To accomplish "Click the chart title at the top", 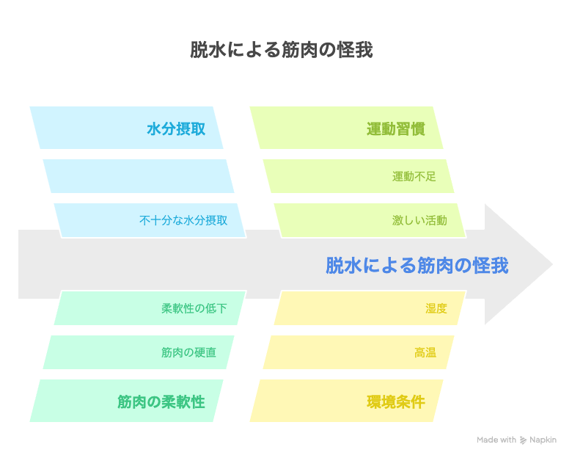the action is [282, 50].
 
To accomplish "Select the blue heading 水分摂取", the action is [176, 129].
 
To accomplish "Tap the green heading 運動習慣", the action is [396, 129].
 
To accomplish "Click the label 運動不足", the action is [414, 176].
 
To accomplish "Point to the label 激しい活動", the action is [419, 220].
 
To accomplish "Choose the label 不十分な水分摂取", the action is [183, 220].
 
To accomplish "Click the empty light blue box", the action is [139, 176].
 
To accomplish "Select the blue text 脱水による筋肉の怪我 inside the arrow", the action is [417, 265].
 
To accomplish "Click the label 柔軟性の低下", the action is [194, 308].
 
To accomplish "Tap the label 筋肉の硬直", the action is [188, 352].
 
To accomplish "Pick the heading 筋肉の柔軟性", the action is [161, 401].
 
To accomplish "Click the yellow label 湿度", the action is [436, 308].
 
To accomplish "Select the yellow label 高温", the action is [425, 352].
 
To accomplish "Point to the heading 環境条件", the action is [396, 401].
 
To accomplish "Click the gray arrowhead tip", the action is [552, 264].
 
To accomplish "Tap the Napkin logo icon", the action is [523, 440].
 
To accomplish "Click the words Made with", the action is [496, 440].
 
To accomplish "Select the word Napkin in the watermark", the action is [543, 440].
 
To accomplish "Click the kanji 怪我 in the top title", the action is [355, 50].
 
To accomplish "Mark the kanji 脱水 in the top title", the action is [208, 50].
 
